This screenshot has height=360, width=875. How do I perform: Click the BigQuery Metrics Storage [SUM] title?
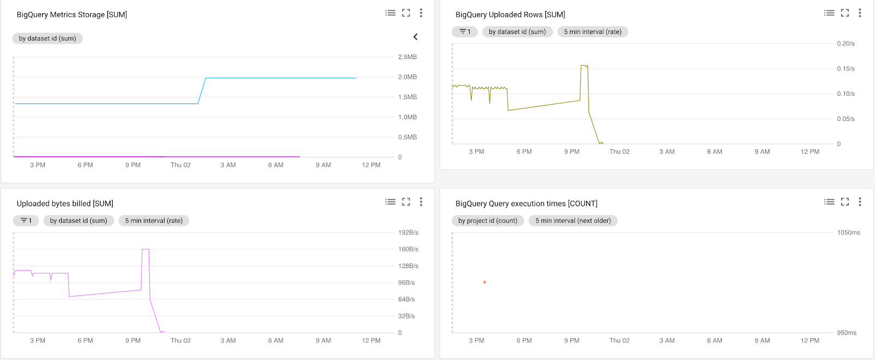click(x=72, y=15)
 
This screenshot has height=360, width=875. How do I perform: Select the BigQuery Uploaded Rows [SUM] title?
click(x=510, y=15)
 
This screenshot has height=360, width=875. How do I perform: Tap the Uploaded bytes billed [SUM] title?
click(x=65, y=204)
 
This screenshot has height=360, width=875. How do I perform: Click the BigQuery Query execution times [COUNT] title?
click(x=526, y=204)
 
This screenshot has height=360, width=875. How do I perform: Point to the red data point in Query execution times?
click(x=485, y=282)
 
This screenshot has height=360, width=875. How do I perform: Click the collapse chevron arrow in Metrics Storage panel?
click(x=416, y=37)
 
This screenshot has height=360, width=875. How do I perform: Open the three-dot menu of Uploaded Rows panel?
click(x=860, y=13)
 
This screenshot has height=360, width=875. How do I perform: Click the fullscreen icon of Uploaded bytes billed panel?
click(x=406, y=202)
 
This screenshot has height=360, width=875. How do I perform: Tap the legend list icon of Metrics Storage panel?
click(x=390, y=13)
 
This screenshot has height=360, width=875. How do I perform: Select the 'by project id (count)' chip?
click(x=488, y=220)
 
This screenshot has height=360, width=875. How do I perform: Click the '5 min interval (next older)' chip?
click(x=573, y=220)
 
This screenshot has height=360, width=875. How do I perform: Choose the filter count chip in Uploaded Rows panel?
click(x=465, y=32)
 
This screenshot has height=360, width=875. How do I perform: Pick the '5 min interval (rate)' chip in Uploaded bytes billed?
click(x=154, y=220)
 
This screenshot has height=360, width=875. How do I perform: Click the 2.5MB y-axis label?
click(x=407, y=57)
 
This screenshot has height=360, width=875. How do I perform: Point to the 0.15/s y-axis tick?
click(x=845, y=68)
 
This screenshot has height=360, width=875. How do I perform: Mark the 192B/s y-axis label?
click(x=408, y=233)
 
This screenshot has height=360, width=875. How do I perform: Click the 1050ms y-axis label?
click(x=848, y=233)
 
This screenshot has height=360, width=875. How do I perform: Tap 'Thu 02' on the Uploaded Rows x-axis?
click(x=619, y=152)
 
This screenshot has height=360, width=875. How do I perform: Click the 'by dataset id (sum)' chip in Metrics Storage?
click(x=48, y=38)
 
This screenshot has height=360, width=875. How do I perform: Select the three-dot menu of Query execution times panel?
click(x=860, y=202)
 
